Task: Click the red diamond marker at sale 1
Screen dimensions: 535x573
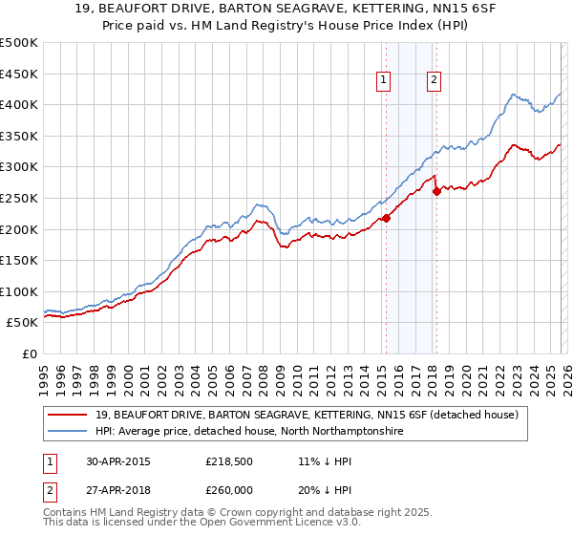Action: [x=386, y=218]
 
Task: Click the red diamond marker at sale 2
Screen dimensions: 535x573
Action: [x=436, y=192]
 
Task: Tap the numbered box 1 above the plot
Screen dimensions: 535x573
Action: [x=383, y=81]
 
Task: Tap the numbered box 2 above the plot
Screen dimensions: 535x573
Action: [x=434, y=81]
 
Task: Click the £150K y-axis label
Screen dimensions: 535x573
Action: [x=19, y=260]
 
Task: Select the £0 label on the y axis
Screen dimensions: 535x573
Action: [x=29, y=353]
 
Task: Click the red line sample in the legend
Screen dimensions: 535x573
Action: [x=70, y=415]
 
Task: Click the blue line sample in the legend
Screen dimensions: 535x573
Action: [x=70, y=432]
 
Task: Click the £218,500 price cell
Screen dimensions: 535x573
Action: [x=228, y=460]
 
